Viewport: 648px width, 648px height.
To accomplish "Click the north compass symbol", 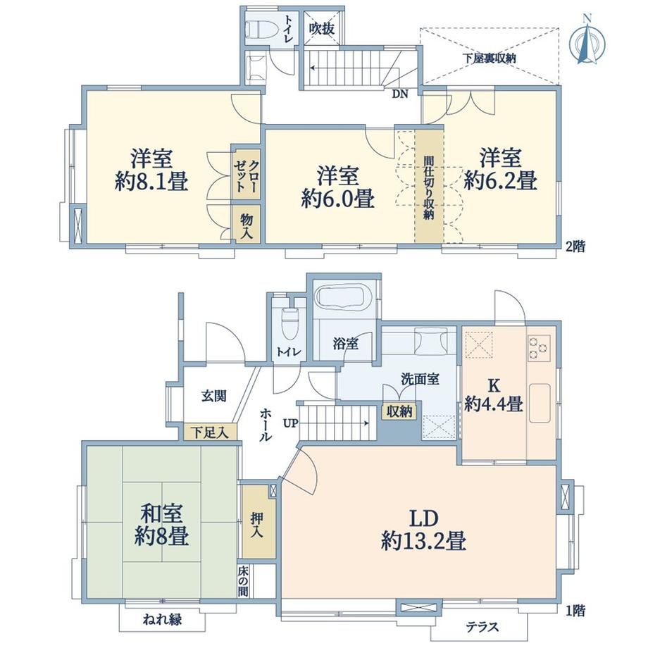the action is point(587,44).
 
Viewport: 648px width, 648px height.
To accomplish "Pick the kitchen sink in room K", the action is point(540,403).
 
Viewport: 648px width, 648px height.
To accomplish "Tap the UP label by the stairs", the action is point(290,423).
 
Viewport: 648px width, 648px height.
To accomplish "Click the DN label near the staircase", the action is point(399,94).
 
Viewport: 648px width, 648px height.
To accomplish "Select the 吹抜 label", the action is point(322,29).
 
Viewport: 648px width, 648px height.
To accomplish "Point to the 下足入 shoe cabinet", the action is point(211,432).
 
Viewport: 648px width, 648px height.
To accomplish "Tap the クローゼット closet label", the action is point(247,175).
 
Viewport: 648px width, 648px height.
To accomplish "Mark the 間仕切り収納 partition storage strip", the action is point(429,186).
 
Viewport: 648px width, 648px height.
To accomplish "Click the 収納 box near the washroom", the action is point(399,411).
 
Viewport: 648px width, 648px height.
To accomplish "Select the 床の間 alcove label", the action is point(243,582).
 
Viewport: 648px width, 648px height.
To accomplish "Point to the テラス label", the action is point(482,627).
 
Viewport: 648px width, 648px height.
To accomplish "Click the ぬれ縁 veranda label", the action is point(162,619).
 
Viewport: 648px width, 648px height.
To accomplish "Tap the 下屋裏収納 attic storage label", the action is point(490,58).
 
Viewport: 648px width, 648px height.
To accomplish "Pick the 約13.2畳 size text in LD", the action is point(423,540).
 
